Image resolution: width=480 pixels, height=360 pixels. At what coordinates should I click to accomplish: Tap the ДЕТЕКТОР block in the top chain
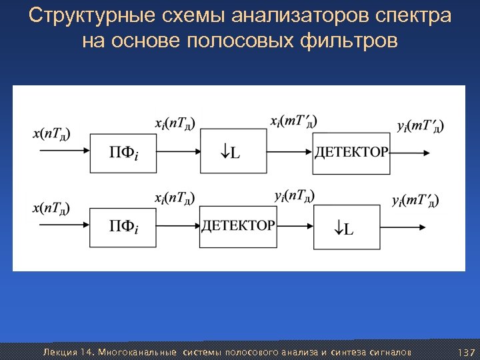coord(349,152)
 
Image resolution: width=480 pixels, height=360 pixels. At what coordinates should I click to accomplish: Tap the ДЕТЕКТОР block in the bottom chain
coord(238,226)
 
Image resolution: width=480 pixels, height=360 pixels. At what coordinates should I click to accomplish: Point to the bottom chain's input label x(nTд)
coord(51,207)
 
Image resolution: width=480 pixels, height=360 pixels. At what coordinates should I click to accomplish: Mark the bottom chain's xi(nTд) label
coord(175,198)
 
